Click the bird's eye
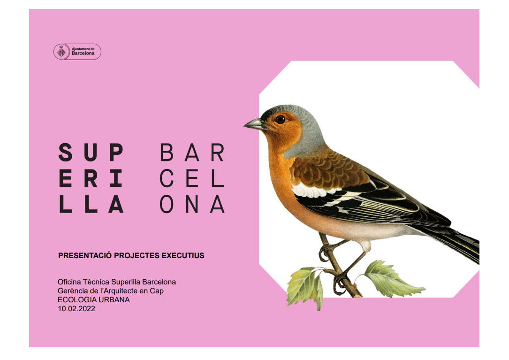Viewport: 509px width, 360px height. click(x=280, y=120)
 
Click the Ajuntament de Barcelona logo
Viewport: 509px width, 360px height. click(x=77, y=52)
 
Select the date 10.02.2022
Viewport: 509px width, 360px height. click(x=76, y=309)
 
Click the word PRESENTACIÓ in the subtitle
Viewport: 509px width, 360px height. click(x=85, y=255)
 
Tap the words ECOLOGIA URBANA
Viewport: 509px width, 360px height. click(x=93, y=299)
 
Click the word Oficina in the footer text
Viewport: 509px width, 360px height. click(x=69, y=282)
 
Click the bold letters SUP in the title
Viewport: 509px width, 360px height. click(x=91, y=153)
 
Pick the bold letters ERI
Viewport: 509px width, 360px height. click(x=91, y=178)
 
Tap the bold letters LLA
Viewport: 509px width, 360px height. click(x=91, y=204)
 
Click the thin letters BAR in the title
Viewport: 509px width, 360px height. click(x=192, y=153)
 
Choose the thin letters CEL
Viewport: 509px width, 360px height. click(x=192, y=178)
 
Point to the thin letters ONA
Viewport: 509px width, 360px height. click(x=192, y=204)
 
